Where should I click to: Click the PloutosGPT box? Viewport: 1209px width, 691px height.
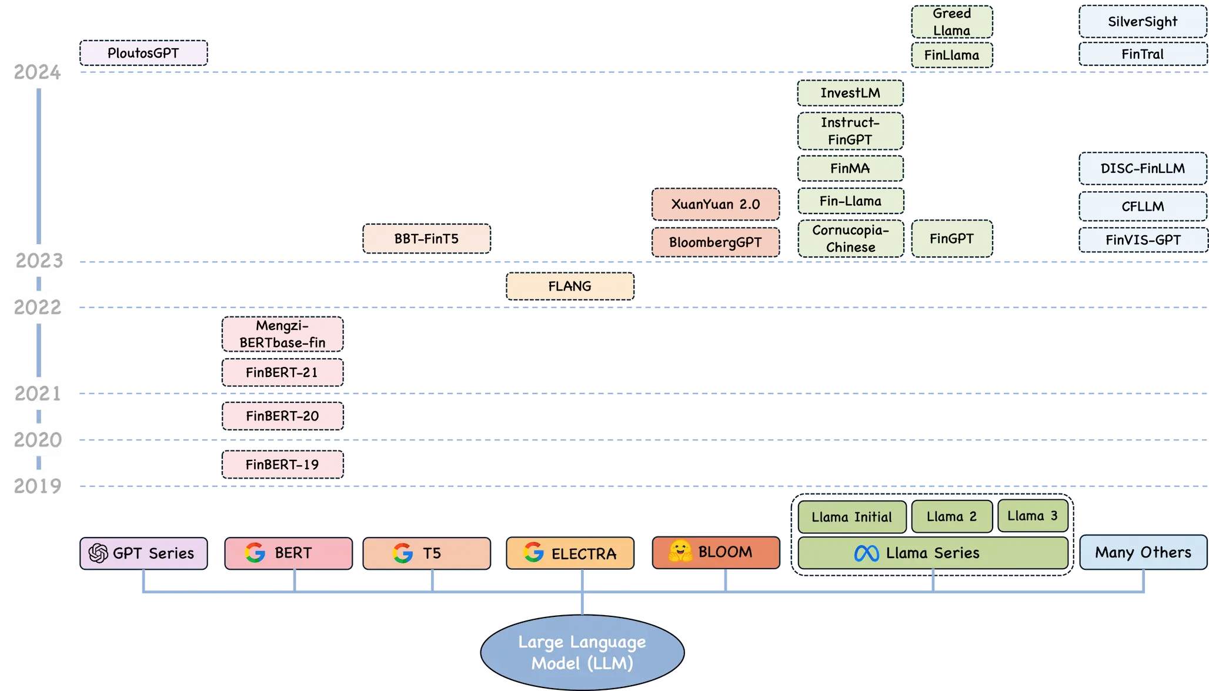click(x=143, y=54)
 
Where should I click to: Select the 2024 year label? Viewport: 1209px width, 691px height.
click(x=38, y=72)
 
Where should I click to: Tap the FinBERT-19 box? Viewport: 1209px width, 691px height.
click(x=282, y=465)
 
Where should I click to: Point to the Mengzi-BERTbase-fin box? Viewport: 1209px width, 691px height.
click(x=282, y=334)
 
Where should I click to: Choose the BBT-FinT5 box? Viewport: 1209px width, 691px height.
click(x=426, y=239)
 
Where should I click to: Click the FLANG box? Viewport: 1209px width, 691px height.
click(x=570, y=286)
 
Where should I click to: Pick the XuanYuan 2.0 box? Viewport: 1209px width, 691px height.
click(x=716, y=204)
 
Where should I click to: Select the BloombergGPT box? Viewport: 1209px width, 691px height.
click(x=716, y=242)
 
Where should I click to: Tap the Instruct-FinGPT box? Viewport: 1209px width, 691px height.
click(x=850, y=131)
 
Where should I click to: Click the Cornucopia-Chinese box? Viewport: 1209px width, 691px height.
click(x=850, y=239)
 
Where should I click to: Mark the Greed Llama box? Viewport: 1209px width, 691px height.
click(x=951, y=22)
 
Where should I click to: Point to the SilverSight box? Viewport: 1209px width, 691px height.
click(x=1143, y=22)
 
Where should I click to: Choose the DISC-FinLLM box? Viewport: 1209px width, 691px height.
click(x=1143, y=168)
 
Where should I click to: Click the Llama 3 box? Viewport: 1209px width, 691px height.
click(x=1033, y=516)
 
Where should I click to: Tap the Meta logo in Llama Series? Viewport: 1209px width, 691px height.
click(x=866, y=553)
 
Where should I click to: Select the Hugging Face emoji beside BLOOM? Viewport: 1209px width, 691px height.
click(x=680, y=551)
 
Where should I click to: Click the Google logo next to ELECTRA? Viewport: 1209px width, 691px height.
click(x=533, y=552)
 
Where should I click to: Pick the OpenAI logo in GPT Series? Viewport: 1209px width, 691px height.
click(x=98, y=553)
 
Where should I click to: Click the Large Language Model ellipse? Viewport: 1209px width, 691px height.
click(x=582, y=652)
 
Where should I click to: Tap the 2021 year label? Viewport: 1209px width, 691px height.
click(x=38, y=393)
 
